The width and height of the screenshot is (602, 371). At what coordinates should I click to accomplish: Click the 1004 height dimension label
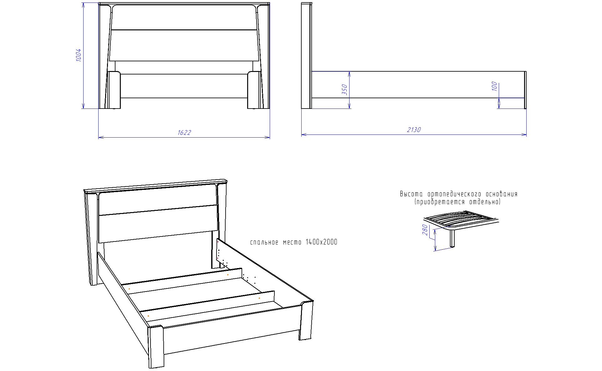(79, 55)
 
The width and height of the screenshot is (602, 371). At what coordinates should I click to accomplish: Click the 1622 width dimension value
(184, 133)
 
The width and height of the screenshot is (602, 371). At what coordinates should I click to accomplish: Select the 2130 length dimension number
(414, 130)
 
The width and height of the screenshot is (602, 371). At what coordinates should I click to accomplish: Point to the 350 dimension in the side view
(344, 90)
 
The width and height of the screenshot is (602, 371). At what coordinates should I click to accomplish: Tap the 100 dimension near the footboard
(494, 86)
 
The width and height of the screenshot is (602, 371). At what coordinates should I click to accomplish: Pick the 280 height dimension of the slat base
(425, 230)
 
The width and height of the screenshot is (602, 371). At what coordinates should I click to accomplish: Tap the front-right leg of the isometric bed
(306, 320)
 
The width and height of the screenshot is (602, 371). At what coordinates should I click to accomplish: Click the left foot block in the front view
(114, 90)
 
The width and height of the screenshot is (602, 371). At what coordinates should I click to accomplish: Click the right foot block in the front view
(254, 90)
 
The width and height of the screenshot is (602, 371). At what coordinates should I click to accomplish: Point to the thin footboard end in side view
(525, 90)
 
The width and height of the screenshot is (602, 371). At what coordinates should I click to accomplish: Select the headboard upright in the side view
(306, 56)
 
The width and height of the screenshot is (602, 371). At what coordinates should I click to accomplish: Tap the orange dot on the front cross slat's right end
(259, 298)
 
